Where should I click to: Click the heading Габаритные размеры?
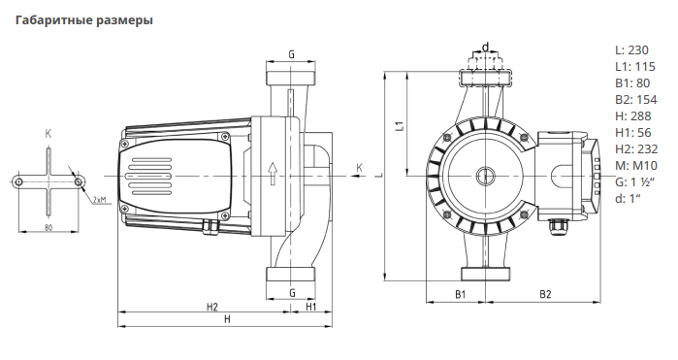click(84, 20)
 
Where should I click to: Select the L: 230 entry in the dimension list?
click(631, 50)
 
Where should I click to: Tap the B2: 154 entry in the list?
click(635, 100)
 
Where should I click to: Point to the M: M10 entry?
click(636, 165)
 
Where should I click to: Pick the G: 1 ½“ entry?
click(634, 181)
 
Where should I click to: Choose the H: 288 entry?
click(633, 116)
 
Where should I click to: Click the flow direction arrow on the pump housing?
click(273, 174)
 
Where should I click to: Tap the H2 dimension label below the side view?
click(211, 307)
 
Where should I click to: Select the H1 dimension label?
click(311, 307)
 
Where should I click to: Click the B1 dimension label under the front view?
click(461, 295)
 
